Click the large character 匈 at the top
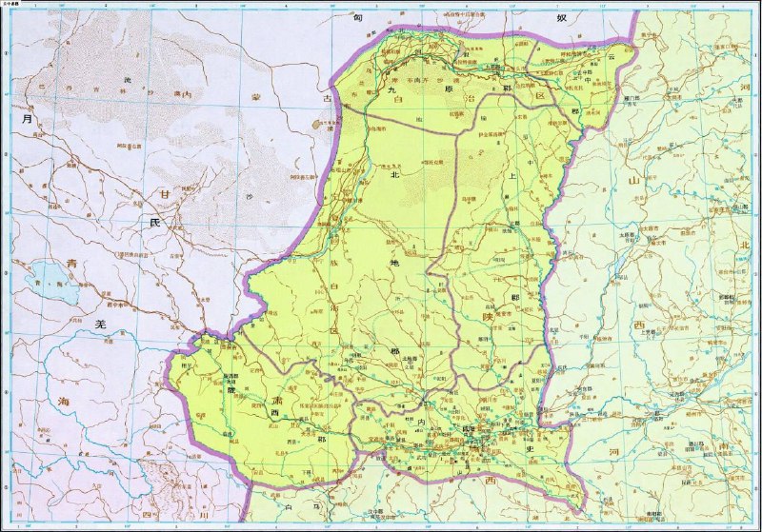coord(357,17)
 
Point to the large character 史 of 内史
coord(530,443)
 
